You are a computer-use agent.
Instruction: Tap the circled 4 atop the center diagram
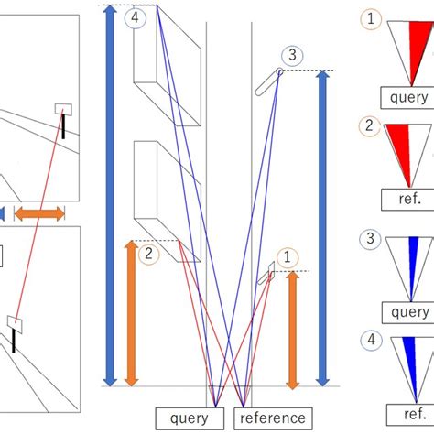click(136, 17)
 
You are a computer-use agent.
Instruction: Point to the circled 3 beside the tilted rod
click(291, 56)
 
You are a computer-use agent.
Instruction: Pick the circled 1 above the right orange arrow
click(287, 258)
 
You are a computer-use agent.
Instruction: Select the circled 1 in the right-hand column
click(371, 17)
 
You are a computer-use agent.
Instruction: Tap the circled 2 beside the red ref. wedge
click(371, 128)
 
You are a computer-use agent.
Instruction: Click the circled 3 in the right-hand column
click(371, 240)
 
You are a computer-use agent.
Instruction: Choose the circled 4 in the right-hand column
click(371, 341)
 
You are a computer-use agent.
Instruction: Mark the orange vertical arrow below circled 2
click(131, 311)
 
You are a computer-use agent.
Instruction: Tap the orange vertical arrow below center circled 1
click(293, 330)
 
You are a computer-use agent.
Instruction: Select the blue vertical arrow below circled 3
click(321, 229)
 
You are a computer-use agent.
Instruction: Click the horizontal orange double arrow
click(38, 213)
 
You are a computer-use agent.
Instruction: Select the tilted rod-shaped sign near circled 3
click(269, 79)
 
